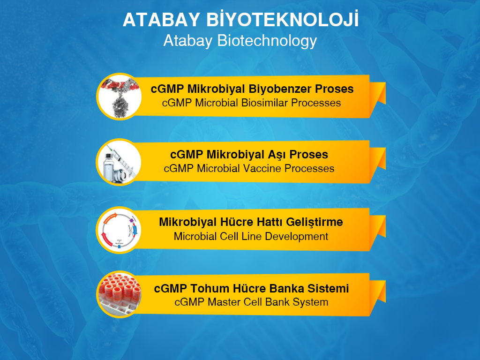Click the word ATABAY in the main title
point(161,20)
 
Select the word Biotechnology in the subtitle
point(267,41)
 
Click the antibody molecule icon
point(119,97)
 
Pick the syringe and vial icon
point(119,162)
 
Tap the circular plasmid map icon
point(119,230)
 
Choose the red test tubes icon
point(119,294)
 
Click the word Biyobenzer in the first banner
point(280,89)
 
